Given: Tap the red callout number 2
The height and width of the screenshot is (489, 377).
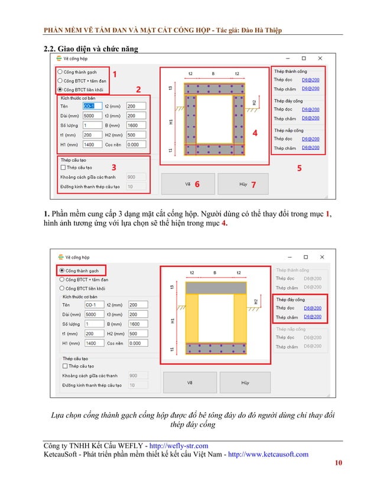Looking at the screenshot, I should tap(138, 89).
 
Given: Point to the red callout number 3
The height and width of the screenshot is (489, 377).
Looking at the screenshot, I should tap(113, 168).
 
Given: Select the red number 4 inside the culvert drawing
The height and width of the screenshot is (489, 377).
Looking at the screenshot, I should tap(255, 133).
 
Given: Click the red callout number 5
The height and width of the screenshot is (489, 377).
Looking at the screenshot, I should tap(299, 168).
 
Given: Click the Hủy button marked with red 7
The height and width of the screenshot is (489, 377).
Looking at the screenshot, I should tap(243, 185).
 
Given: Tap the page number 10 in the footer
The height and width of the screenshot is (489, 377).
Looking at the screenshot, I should tap(337, 463).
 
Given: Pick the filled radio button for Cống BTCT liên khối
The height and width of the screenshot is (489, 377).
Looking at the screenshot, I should tap(60, 89).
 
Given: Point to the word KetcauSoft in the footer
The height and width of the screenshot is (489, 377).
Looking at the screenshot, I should tap(66, 455).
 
